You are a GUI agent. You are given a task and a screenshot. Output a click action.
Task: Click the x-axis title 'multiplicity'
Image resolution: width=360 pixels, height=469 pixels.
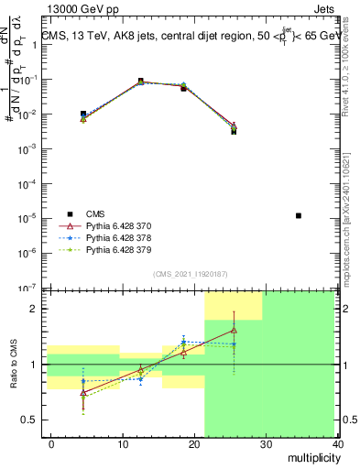pos(312,455)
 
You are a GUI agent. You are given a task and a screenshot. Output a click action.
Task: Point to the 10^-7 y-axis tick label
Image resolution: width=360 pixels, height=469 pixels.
pos(34,288)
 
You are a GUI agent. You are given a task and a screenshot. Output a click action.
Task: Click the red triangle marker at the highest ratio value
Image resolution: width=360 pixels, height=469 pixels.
pos(234,330)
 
